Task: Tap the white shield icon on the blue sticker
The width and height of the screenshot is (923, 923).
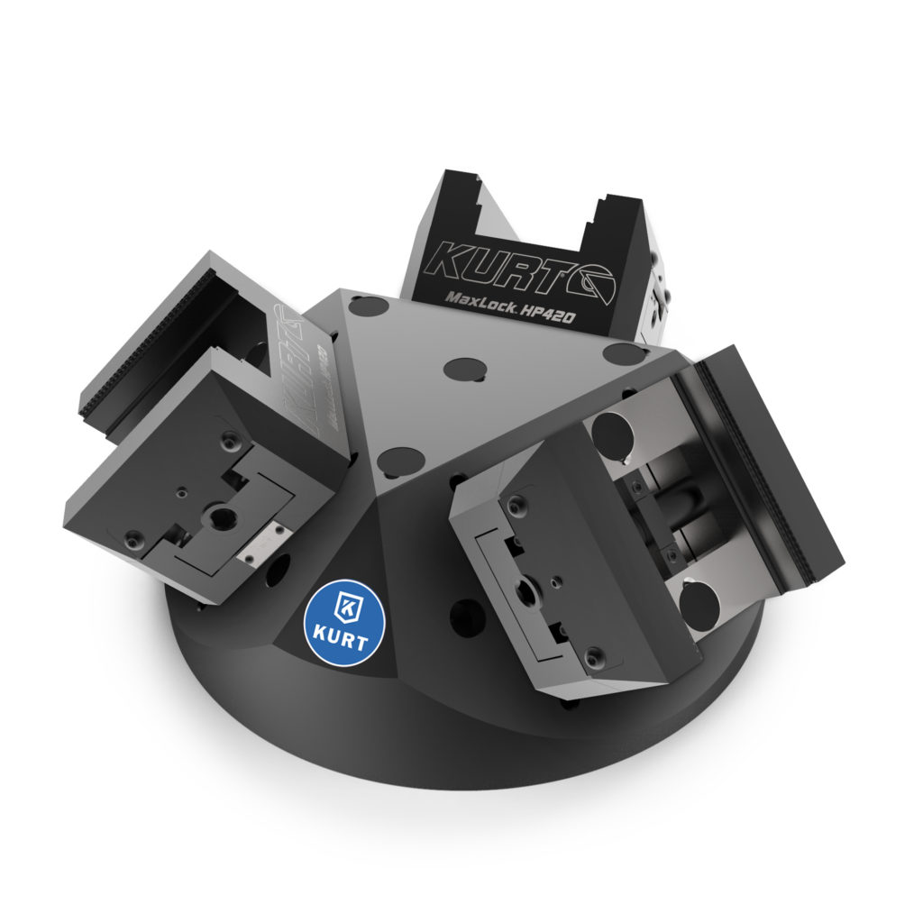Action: [x=344, y=607]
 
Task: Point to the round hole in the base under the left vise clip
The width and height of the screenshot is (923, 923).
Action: [x=279, y=567]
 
